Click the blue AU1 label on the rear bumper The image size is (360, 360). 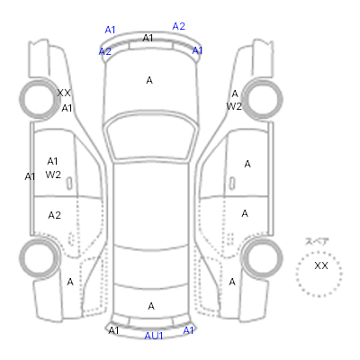(154, 336)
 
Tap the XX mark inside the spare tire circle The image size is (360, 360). (321, 265)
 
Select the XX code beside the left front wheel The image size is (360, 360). (64, 93)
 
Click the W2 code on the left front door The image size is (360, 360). (53, 175)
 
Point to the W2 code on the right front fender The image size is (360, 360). (234, 106)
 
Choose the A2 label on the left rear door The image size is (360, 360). (54, 215)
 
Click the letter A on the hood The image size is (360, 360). (149, 80)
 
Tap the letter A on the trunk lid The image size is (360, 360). (151, 306)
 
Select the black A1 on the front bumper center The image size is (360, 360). (148, 38)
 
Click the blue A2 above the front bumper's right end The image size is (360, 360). (178, 26)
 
